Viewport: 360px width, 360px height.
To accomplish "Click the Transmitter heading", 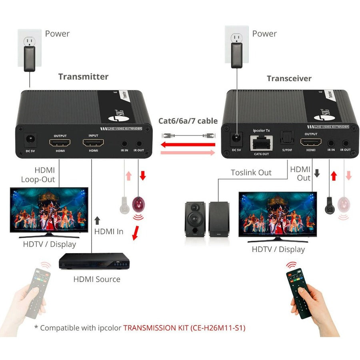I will click(83, 76).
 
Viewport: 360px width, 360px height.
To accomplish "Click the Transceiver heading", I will click(289, 78).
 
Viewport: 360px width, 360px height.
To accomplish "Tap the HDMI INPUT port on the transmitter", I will click(93, 142).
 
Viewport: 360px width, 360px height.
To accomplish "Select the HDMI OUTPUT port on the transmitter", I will click(60, 142).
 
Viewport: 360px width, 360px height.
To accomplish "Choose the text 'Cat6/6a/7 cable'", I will click(188, 121).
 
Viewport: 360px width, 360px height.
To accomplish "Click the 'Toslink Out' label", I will click(251, 172).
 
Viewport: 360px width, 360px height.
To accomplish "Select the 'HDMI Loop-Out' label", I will click(38, 174).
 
